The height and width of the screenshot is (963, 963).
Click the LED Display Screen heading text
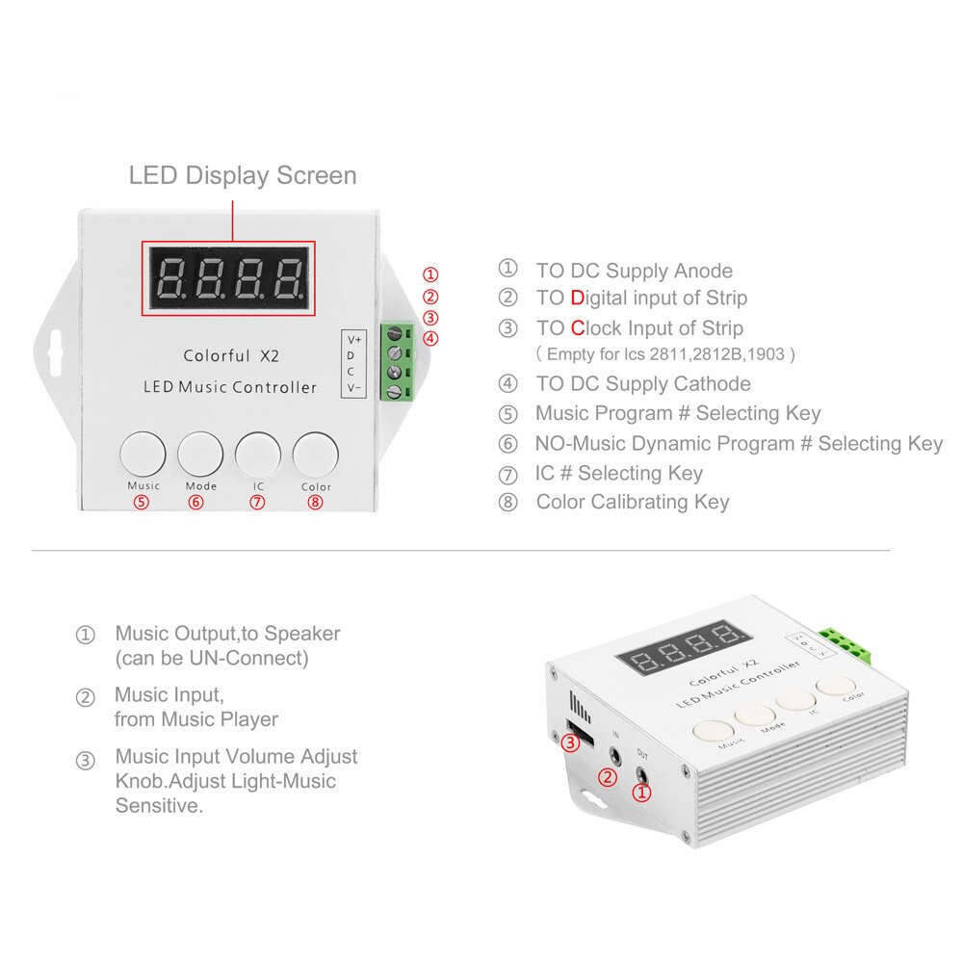point(243,175)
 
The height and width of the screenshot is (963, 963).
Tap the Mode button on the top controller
point(200,451)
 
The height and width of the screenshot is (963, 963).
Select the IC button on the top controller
point(258,451)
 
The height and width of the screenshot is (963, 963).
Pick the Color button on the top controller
point(316,451)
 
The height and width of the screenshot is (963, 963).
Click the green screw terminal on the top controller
point(397,361)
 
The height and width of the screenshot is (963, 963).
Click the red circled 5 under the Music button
point(142,502)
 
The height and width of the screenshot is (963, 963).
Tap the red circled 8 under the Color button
point(315,502)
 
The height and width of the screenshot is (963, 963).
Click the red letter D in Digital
point(577,299)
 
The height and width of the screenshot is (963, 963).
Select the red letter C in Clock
point(578,327)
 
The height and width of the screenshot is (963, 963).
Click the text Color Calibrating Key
point(633,502)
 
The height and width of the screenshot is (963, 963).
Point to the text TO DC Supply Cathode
point(643,384)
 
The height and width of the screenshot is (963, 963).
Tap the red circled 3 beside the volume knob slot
point(570,742)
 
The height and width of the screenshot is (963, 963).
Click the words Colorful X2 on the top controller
point(231,355)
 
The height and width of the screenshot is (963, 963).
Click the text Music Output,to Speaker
point(227,634)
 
